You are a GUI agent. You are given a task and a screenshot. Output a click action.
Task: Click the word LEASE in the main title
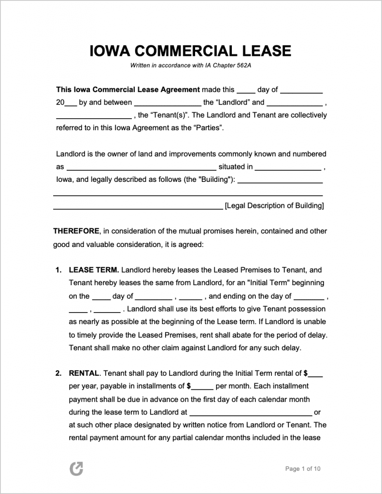click(x=267, y=51)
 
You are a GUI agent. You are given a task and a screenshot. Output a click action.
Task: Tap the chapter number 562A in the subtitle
click(x=242, y=66)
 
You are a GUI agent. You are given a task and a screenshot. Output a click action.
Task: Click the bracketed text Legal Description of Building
click(x=274, y=206)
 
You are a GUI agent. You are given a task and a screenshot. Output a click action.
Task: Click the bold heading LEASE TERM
click(x=94, y=270)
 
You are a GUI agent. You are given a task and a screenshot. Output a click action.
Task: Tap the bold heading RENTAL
click(x=84, y=373)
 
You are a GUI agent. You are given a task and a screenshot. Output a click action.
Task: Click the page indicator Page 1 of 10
click(x=303, y=468)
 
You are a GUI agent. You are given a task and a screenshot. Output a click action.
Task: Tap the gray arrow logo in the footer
click(x=76, y=468)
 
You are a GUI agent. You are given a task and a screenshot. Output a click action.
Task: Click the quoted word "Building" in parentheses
click(x=215, y=180)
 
